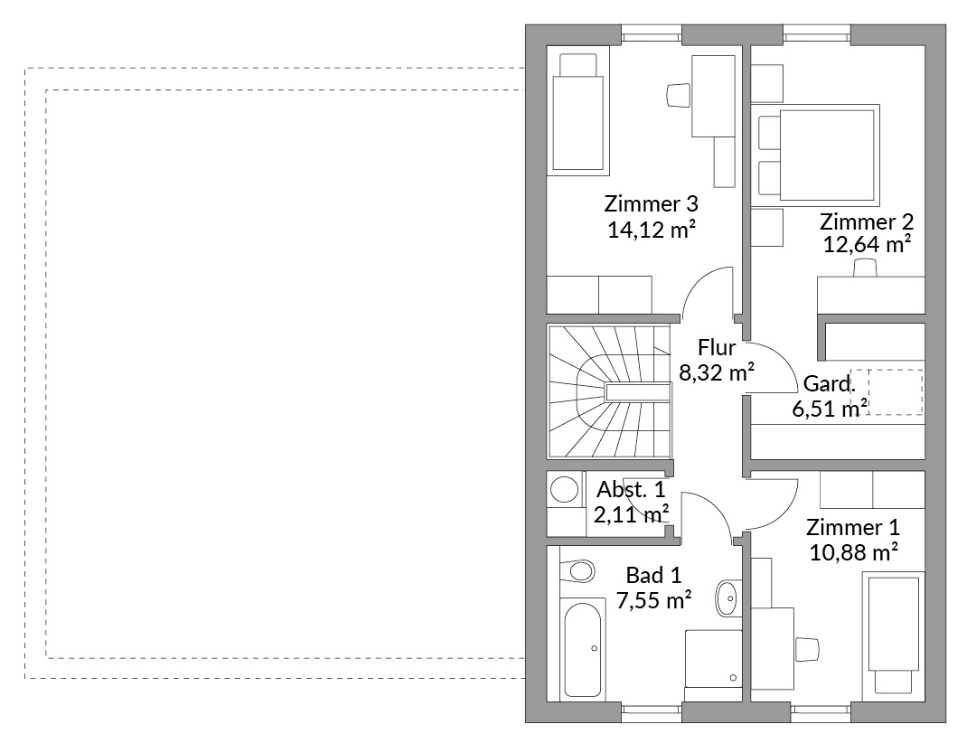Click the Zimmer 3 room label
(651, 203)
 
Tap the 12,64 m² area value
(867, 244)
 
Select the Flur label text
(717, 347)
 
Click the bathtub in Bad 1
(582, 649)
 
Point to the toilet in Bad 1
(577, 570)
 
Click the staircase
(609, 391)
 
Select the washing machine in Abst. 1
(566, 489)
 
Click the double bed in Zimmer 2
(817, 155)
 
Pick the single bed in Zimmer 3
(577, 111)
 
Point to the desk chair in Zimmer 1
(807, 649)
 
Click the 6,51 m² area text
(830, 409)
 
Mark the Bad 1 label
(653, 575)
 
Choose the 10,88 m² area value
(853, 552)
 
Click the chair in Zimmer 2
(865, 268)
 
